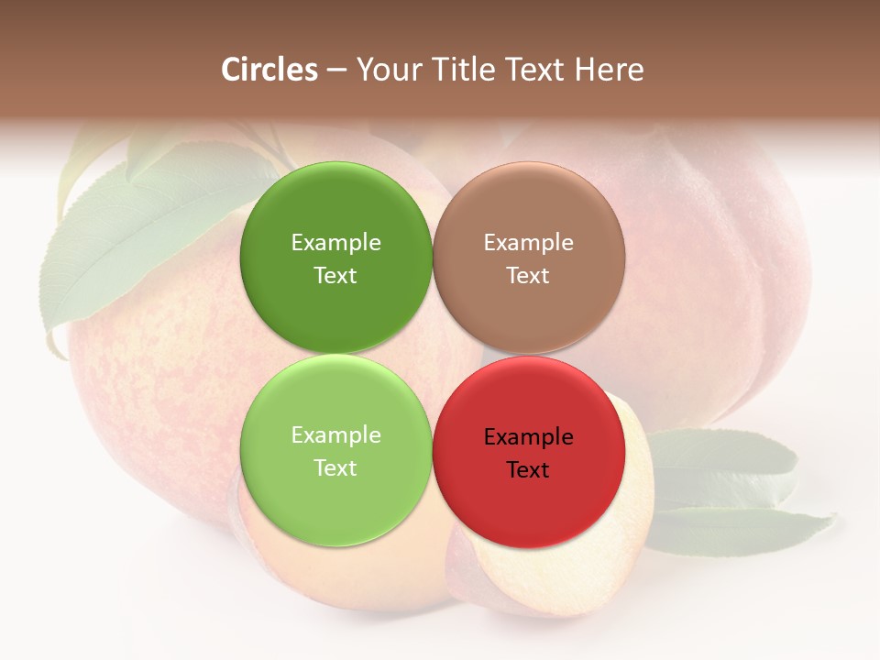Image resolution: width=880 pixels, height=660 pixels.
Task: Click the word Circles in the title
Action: coord(269,70)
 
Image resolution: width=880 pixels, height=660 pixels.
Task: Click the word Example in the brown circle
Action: coord(529,243)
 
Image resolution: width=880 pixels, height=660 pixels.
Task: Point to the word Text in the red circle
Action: coord(528,470)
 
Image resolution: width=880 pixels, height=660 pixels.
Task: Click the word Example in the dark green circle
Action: coord(335,243)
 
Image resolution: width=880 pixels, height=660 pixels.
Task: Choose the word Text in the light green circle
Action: coord(335,468)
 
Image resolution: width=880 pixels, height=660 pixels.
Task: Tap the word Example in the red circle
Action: coord(529,437)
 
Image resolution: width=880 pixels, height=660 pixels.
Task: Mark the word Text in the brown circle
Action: coord(528,276)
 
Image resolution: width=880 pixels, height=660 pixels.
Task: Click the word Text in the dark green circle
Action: coord(335,276)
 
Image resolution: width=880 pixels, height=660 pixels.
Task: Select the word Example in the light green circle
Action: coord(335,435)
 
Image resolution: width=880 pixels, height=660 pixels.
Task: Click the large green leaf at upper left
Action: coord(137,238)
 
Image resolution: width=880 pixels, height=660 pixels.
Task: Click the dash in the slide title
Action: coord(336,71)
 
